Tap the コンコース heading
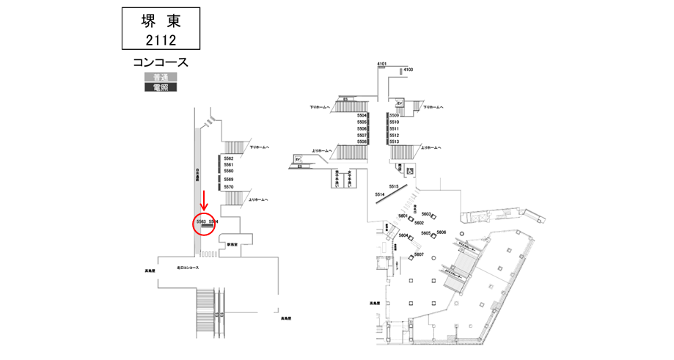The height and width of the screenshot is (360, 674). coord(161,64)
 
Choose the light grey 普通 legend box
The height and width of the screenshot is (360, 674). coord(161,77)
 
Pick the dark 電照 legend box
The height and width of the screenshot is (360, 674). coord(161,87)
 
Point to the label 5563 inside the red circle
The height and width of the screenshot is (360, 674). coord(200,220)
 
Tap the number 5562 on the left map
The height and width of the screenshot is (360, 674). coord(228,158)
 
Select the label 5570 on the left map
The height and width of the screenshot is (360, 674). coord(228,187)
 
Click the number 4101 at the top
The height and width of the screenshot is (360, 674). coord(381,65)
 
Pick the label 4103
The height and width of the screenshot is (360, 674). coord(409,70)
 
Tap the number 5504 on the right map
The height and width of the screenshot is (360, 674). coord(362,116)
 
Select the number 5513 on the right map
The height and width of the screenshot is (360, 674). coord(394,142)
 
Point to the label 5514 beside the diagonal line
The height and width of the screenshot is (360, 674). coord(380,194)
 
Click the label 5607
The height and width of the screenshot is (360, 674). coord(419,254)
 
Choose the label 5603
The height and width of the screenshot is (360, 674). coord(425,213)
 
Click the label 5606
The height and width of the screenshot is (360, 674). coord(441,232)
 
